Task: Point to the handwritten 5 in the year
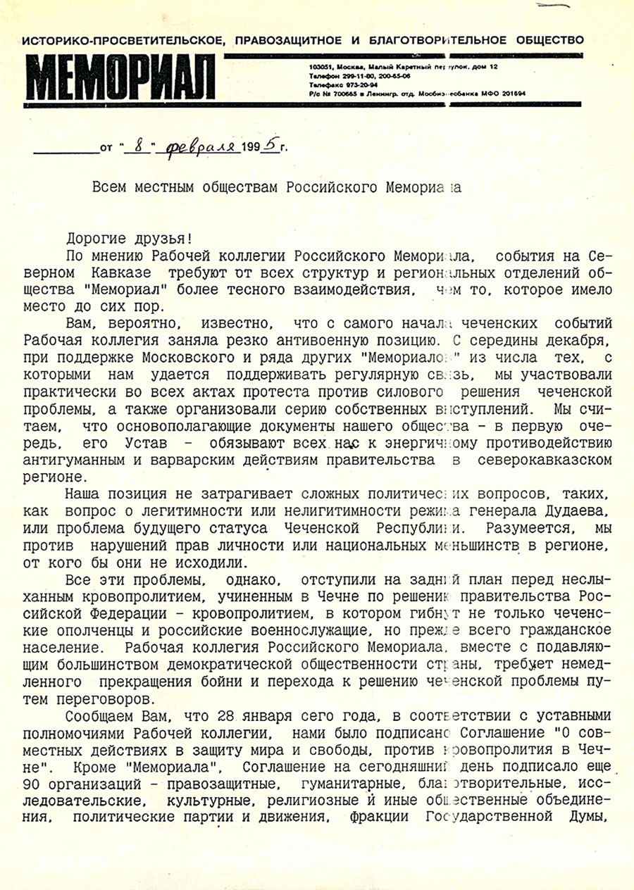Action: (x=270, y=146)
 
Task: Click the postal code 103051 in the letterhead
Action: (x=321, y=66)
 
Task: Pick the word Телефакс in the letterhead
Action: (x=325, y=84)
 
